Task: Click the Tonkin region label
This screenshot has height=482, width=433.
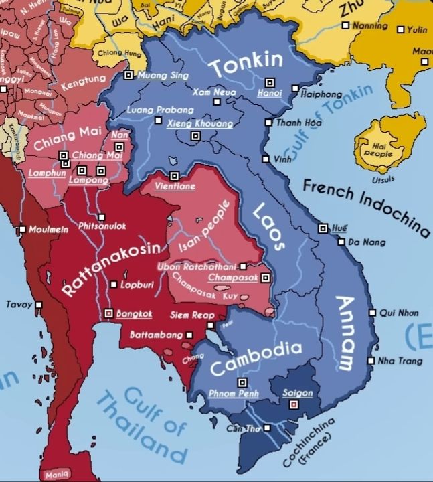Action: tap(246, 65)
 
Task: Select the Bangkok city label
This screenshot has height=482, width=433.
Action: tap(135, 313)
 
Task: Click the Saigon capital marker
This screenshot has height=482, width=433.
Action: tap(292, 405)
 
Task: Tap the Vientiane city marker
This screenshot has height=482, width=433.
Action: tap(174, 175)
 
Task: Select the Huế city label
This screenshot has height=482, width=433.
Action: tap(340, 228)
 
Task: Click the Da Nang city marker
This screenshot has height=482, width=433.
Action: tap(342, 242)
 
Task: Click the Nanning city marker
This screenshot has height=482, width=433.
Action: tap(345, 25)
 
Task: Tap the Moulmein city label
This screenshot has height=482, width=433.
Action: tap(48, 229)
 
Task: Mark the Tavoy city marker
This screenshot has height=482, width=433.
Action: tap(39, 305)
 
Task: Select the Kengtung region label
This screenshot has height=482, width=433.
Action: tap(78, 86)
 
